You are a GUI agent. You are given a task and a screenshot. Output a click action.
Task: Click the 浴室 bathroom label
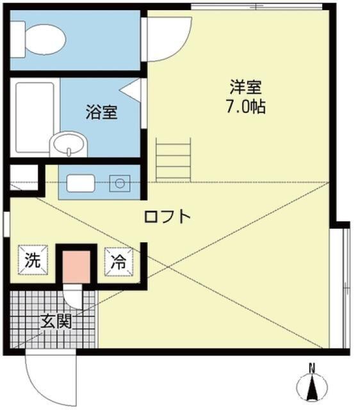coord(102,112)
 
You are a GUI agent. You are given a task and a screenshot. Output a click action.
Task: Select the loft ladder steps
coord(174,161)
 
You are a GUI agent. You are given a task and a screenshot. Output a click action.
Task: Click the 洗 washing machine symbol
coord(32,260)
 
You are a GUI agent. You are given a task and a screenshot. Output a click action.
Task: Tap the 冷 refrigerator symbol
coord(119,260)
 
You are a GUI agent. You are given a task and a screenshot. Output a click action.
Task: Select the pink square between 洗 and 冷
coord(76,263)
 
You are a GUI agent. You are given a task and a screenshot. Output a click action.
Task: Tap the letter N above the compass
coord(312,368)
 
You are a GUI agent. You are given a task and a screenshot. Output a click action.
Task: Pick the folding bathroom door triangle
coord(134,90)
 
